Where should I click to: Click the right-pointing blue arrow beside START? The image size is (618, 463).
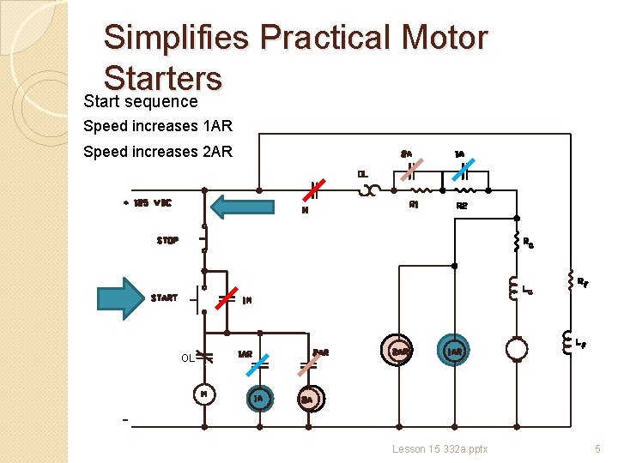[x=124, y=296]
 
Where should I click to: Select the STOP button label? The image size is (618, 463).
[x=167, y=241]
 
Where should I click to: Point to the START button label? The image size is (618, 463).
[x=164, y=298]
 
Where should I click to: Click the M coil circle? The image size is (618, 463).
[x=204, y=394]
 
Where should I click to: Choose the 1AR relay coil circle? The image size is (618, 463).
[x=454, y=351]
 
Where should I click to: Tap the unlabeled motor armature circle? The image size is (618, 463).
[x=517, y=349]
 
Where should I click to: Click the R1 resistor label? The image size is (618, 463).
[x=414, y=205]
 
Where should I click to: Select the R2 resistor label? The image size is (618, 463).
[x=462, y=206]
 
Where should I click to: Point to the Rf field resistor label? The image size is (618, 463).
[x=582, y=280]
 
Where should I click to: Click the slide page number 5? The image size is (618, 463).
[x=598, y=448]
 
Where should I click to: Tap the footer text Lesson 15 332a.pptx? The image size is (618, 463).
[x=440, y=448]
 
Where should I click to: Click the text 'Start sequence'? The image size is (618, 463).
[x=141, y=101]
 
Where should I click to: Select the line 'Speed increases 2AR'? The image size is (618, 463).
[x=158, y=152]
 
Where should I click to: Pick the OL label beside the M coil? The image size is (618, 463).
[x=187, y=358]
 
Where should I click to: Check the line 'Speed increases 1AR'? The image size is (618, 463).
[x=158, y=127]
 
